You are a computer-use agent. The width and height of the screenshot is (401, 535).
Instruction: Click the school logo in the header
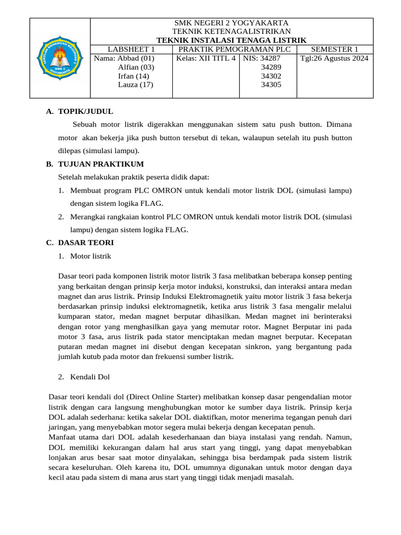click(x=60, y=58)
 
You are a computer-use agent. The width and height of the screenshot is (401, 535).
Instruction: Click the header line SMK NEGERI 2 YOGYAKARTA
click(x=232, y=23)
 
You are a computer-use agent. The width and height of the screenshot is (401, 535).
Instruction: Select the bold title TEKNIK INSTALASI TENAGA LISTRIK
click(x=232, y=40)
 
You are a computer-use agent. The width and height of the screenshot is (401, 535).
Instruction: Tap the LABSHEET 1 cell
click(x=132, y=49)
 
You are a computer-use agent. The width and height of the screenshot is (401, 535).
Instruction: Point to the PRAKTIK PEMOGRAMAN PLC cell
click(x=233, y=49)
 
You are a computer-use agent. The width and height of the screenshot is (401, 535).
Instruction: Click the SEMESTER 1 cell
click(x=335, y=49)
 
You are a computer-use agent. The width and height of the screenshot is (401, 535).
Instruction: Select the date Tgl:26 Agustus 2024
click(x=334, y=58)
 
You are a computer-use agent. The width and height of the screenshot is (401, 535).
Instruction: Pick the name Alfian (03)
click(x=136, y=67)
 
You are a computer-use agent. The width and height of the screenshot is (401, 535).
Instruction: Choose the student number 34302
click(x=271, y=76)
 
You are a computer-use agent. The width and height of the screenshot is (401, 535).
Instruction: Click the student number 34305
click(x=271, y=85)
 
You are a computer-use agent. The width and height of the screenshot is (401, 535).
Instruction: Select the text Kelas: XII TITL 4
click(x=206, y=58)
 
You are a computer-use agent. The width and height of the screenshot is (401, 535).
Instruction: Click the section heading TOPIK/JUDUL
click(x=85, y=111)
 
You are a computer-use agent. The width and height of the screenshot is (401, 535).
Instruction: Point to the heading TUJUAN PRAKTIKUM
click(x=101, y=164)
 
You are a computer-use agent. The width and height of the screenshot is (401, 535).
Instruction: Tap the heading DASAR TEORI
click(x=86, y=243)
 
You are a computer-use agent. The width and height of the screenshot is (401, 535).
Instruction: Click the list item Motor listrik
click(x=90, y=256)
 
